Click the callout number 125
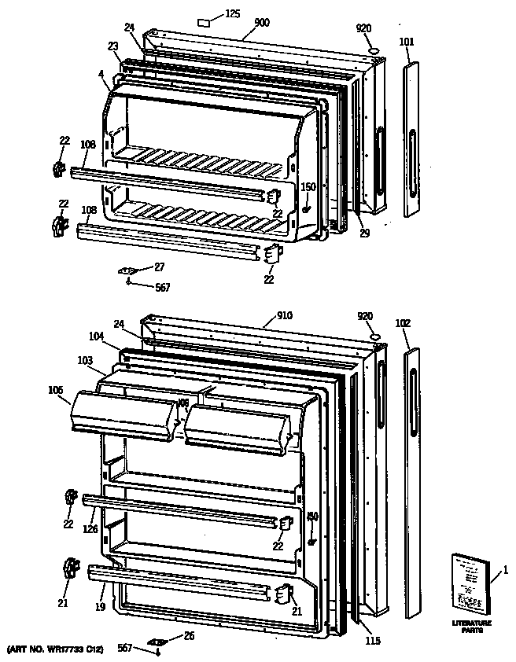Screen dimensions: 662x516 (x=233, y=13)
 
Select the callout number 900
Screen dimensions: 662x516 (x=262, y=23)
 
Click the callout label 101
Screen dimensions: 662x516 (x=406, y=42)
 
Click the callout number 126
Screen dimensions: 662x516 (x=91, y=529)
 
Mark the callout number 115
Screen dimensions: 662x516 (x=373, y=641)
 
